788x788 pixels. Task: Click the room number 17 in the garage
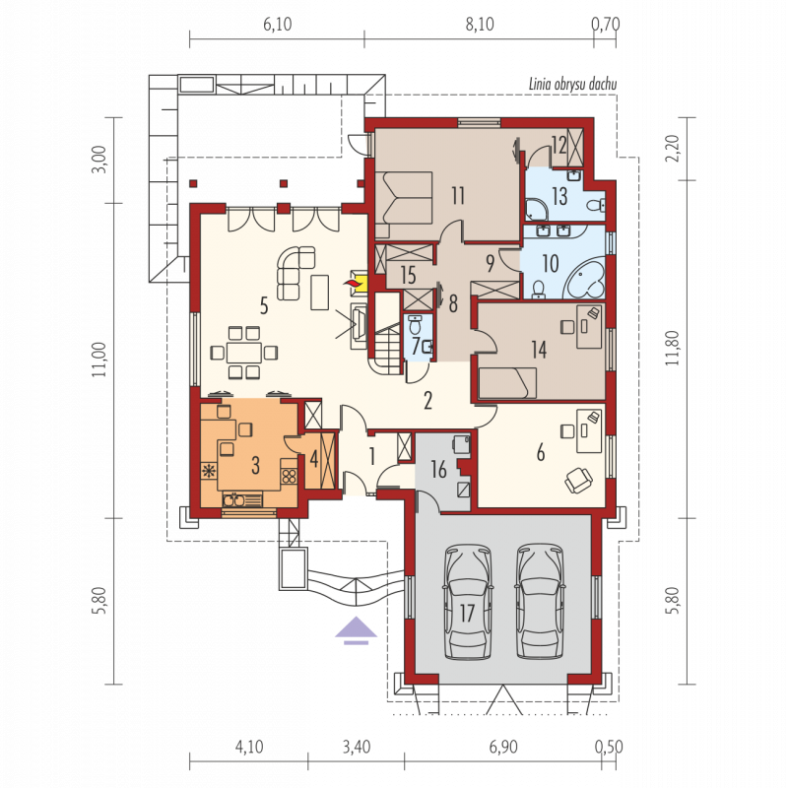(467, 613)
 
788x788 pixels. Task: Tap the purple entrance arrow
(356, 629)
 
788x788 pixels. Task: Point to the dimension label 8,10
(480, 24)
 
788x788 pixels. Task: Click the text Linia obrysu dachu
(572, 84)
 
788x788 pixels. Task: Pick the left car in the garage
(467, 602)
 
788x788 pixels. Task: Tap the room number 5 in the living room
(264, 305)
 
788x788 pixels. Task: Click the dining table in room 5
(244, 353)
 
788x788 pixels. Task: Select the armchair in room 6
(578, 480)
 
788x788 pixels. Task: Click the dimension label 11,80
(674, 348)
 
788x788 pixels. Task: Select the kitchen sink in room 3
(233, 500)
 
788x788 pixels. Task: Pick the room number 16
(438, 470)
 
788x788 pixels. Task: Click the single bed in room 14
(507, 383)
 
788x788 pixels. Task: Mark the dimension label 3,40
(357, 747)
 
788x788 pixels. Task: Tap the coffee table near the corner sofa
(319, 293)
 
